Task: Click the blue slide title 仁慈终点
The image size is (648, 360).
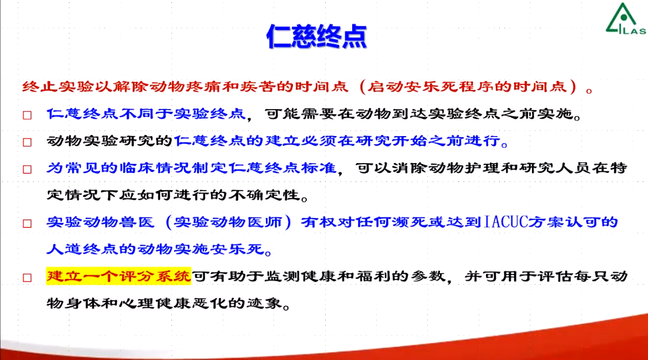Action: click(317, 36)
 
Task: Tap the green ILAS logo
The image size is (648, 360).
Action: click(626, 19)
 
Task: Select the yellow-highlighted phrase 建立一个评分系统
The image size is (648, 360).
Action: click(118, 276)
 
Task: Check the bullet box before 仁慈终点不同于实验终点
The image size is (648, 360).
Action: click(27, 115)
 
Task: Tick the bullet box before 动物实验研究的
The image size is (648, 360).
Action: click(27, 142)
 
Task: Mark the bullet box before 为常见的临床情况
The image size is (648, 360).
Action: click(27, 169)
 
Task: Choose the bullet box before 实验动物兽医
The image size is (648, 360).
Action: click(27, 224)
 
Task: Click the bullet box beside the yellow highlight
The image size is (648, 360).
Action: click(27, 278)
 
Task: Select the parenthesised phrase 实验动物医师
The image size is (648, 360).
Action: click(229, 222)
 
